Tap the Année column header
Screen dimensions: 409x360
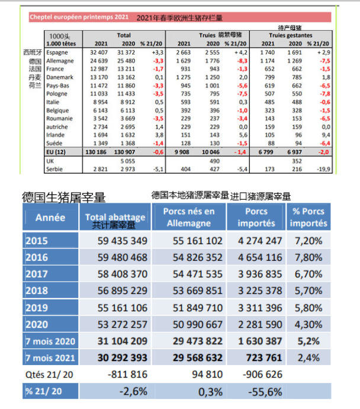[50, 218]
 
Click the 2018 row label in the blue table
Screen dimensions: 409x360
[36, 291]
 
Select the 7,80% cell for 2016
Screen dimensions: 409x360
[308, 258]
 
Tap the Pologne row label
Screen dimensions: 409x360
[56, 94]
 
